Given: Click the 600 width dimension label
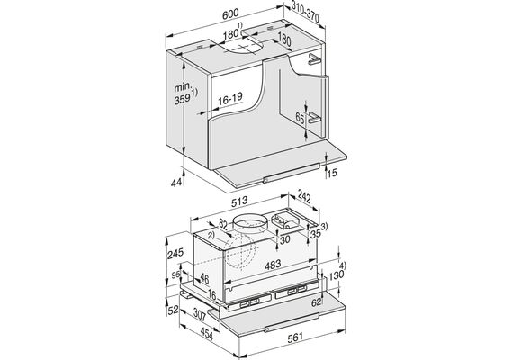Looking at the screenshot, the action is [x=230, y=14].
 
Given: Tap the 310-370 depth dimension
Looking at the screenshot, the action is [x=305, y=13].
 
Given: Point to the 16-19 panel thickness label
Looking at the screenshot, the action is [x=230, y=98].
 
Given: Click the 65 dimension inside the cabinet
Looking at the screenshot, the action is [x=300, y=118].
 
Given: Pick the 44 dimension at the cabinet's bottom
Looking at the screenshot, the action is [x=176, y=183].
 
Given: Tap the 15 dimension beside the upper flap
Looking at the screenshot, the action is [x=332, y=173].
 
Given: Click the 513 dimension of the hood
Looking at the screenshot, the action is [x=239, y=202].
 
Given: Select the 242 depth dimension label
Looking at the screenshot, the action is [x=304, y=197].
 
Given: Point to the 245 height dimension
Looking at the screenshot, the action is [x=175, y=253].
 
